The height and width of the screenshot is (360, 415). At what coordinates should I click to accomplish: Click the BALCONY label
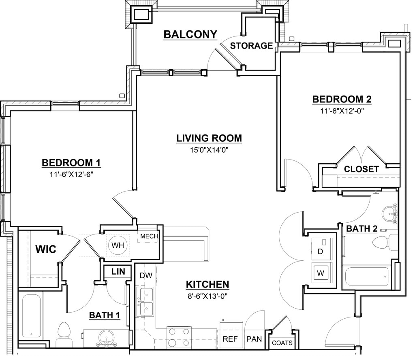click(190, 34)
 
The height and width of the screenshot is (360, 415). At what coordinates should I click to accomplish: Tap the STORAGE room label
click(251, 46)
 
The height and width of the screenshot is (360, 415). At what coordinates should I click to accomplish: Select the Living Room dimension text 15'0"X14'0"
click(209, 150)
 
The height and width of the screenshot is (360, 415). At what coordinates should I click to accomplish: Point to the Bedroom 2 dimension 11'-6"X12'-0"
click(342, 111)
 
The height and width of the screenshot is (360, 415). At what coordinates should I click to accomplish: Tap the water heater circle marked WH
click(118, 245)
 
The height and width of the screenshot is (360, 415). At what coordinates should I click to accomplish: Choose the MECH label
click(149, 236)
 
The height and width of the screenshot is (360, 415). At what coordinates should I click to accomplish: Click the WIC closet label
click(46, 249)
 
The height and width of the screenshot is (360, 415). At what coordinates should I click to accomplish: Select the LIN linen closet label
click(118, 271)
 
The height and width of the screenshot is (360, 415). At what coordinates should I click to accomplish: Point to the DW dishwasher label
click(146, 276)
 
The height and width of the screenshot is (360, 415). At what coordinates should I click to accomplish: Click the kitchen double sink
click(145, 302)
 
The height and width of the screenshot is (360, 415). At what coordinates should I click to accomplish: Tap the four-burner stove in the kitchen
click(179, 337)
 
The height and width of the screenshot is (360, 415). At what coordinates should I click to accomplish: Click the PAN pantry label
click(254, 339)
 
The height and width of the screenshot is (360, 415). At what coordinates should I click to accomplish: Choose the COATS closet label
click(282, 343)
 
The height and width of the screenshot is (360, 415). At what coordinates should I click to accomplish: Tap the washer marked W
click(321, 273)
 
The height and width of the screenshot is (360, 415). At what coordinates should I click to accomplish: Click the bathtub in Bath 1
click(31, 315)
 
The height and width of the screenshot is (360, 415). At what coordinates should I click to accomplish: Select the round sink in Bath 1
click(106, 337)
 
